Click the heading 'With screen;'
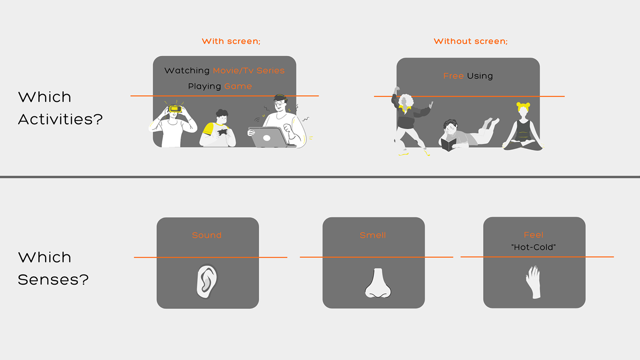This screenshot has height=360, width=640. [x=231, y=42]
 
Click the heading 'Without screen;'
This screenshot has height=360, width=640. [x=470, y=42]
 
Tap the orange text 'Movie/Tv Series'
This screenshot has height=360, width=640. [x=249, y=71]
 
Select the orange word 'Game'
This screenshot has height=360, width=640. [x=238, y=86]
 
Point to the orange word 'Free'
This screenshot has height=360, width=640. [x=453, y=76]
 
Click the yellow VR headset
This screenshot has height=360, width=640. [x=175, y=109]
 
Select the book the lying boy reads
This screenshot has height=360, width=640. [x=448, y=144]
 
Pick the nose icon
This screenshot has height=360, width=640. [x=378, y=284]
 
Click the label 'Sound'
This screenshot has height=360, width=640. [x=207, y=236]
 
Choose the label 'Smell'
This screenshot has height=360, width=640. [x=373, y=236]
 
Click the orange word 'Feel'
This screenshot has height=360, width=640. [x=533, y=235]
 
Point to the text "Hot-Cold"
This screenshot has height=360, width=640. [x=533, y=247]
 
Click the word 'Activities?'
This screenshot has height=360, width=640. [x=60, y=120]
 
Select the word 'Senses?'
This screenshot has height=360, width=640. [x=53, y=280]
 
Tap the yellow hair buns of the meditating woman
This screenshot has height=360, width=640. [x=523, y=106]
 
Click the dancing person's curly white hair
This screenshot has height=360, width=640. [x=405, y=101]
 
